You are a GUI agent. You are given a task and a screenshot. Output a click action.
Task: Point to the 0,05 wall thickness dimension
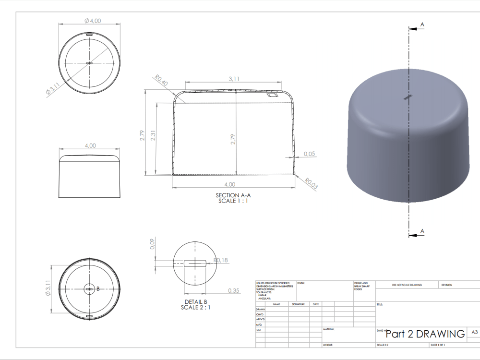[x=310, y=154]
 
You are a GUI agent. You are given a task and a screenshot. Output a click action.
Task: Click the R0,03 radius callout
[x=311, y=183]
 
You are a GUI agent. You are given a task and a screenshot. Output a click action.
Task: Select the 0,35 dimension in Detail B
[x=234, y=290]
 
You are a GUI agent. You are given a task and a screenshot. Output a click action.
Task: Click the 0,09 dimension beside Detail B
[x=153, y=244]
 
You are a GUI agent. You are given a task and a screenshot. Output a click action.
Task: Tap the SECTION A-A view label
[x=234, y=195]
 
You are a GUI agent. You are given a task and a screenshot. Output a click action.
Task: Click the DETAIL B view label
[x=195, y=301]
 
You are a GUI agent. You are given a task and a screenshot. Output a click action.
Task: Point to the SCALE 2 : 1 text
[x=195, y=307]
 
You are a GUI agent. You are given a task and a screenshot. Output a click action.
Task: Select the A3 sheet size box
[x=475, y=332]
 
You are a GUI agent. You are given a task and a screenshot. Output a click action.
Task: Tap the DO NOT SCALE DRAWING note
[x=407, y=285]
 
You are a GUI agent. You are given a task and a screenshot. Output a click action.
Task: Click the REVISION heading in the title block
[x=446, y=285]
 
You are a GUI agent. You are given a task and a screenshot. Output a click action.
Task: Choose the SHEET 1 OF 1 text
[x=437, y=345]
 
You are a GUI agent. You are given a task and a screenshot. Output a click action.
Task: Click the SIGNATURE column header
[x=299, y=304]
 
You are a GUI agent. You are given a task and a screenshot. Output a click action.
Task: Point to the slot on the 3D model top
[x=408, y=97]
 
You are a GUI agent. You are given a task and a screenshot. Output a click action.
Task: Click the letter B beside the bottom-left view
[x=98, y=289]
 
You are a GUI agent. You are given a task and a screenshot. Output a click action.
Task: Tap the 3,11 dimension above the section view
[x=234, y=79]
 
